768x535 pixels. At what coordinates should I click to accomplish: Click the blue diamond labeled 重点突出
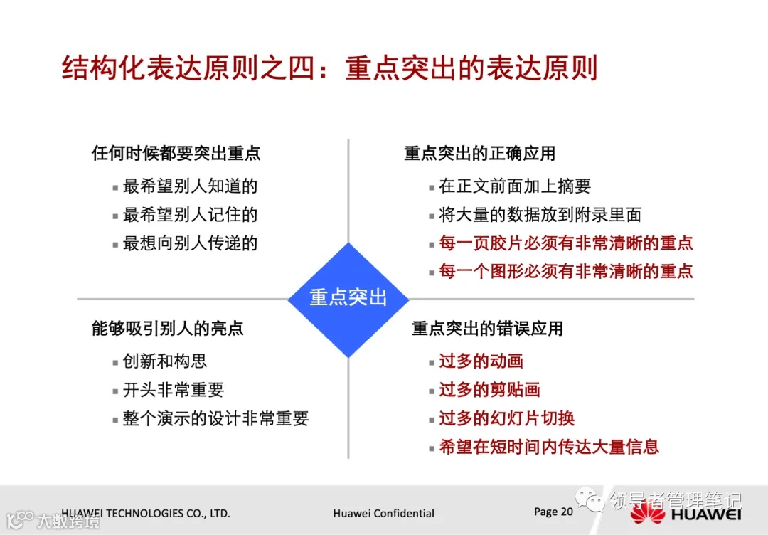click(348, 298)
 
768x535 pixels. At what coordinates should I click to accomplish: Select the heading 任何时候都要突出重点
click(176, 153)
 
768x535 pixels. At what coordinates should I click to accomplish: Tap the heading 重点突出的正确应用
click(479, 153)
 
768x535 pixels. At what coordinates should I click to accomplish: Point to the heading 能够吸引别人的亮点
click(167, 328)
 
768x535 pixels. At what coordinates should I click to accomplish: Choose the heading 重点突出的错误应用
click(487, 328)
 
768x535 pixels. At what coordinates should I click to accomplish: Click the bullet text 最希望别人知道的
click(190, 186)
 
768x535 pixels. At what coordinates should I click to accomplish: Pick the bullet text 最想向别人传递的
click(190, 243)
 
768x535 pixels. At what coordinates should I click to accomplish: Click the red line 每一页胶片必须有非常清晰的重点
click(565, 243)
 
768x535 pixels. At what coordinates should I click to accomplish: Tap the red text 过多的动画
click(481, 361)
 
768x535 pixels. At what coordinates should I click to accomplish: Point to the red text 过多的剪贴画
click(489, 390)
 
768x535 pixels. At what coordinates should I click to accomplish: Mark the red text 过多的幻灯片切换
click(506, 418)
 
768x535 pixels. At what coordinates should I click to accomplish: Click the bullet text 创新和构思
click(165, 361)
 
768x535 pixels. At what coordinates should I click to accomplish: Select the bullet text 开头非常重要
click(174, 390)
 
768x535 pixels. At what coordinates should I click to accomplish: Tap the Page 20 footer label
click(553, 512)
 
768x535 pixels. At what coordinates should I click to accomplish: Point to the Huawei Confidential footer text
click(383, 513)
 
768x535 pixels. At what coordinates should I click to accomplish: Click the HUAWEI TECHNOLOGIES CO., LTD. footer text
click(146, 513)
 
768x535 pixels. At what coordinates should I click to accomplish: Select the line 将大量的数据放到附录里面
click(540, 215)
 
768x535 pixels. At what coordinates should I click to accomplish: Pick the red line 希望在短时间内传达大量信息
click(549, 447)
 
